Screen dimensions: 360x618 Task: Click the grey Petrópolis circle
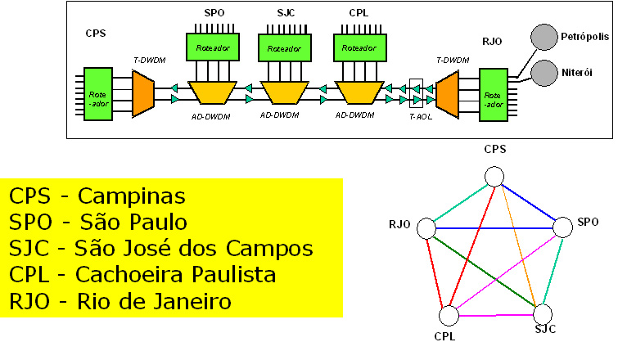[543, 38]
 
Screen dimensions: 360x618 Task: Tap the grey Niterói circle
[543, 73]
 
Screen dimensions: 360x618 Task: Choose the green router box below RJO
[494, 93]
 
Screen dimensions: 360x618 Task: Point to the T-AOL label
[420, 117]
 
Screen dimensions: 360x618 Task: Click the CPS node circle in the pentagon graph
[494, 177]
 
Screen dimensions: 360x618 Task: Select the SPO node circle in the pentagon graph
[563, 227]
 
